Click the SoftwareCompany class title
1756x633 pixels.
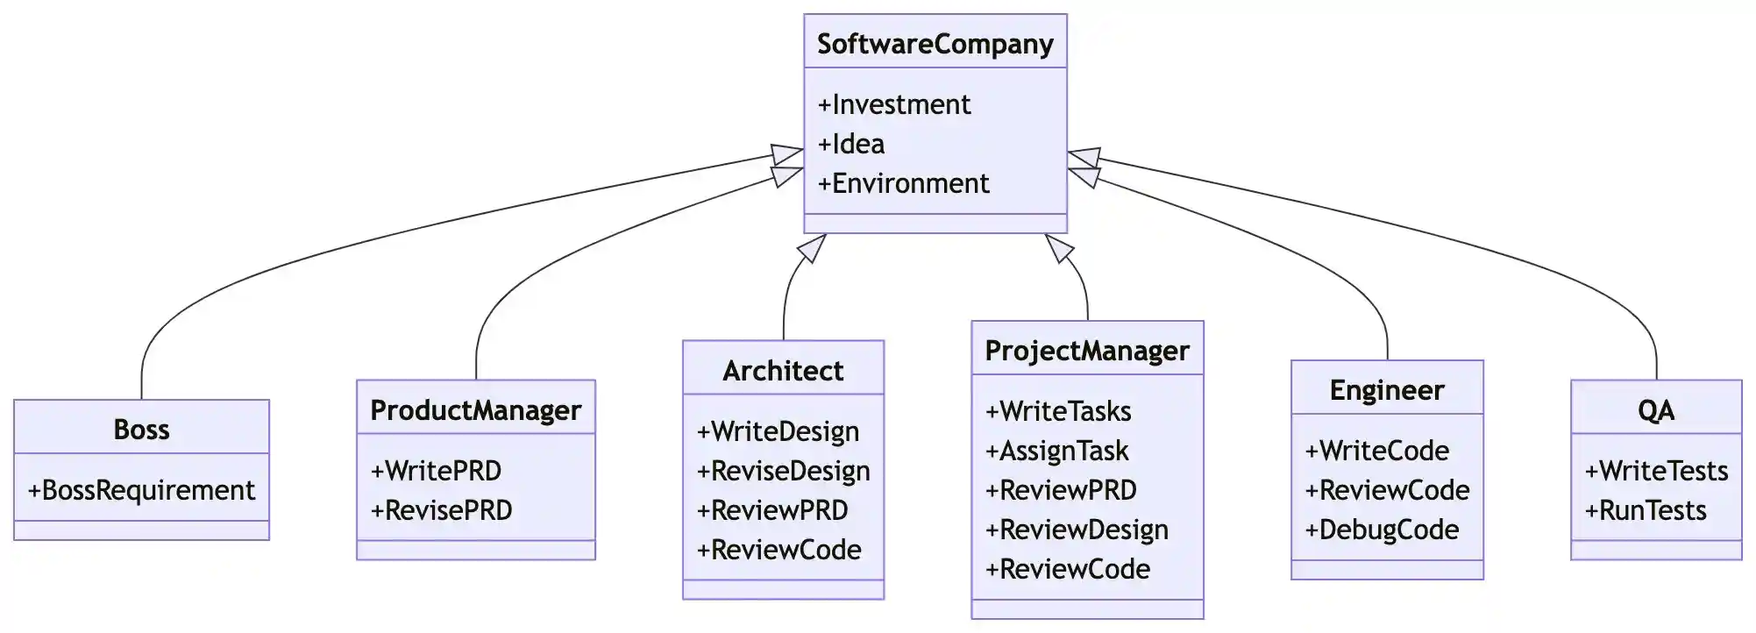(935, 44)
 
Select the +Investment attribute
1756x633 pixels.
(893, 104)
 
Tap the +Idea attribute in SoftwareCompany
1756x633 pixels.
(850, 144)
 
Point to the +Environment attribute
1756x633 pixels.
(903, 183)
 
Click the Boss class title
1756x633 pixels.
(141, 430)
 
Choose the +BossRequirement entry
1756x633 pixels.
(141, 490)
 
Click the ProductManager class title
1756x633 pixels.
(475, 410)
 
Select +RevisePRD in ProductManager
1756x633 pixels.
(441, 510)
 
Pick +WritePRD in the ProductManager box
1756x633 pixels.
(436, 471)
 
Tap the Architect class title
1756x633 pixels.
(783, 371)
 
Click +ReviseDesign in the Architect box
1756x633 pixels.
(783, 471)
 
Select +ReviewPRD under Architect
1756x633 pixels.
(771, 510)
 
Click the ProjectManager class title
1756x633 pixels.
(1087, 351)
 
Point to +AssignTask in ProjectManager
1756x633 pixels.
(1056, 451)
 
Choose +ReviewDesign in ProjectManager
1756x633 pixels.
(1077, 530)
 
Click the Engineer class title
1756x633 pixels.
(1387, 390)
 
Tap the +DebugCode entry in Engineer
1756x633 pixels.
(1382, 530)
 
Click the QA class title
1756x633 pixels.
(1655, 410)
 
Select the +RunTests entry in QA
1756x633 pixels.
(1646, 510)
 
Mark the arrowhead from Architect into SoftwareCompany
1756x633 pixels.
(813, 247)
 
